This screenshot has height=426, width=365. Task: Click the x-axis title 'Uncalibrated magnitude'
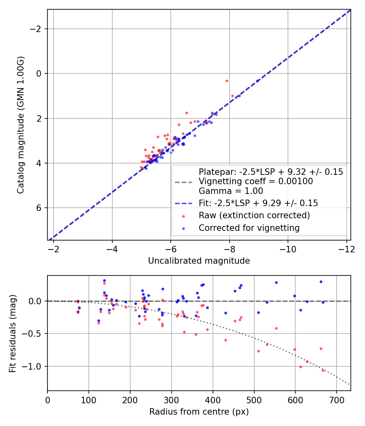[199, 261]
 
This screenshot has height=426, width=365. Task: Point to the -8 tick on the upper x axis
[229, 240]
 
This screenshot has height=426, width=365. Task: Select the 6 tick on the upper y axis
[47, 208]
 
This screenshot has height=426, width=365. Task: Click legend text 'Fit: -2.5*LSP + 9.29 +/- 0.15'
[258, 203]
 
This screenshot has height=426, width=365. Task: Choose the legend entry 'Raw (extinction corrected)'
[254, 215]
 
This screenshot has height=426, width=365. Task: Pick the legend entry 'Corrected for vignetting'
[249, 228]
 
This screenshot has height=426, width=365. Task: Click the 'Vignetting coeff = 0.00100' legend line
[255, 181]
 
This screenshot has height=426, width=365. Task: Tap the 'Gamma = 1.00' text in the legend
[231, 191]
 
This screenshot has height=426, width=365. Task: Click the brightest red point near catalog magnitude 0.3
[227, 81]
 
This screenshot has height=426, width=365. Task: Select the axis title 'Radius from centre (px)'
[199, 412]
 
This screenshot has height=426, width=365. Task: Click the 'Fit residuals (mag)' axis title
[13, 333]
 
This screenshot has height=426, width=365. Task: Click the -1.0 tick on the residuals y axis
[47, 366]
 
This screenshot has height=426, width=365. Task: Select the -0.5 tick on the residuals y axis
[47, 333]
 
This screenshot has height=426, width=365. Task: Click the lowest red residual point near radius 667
[323, 370]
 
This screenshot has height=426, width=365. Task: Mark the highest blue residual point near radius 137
[104, 280]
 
